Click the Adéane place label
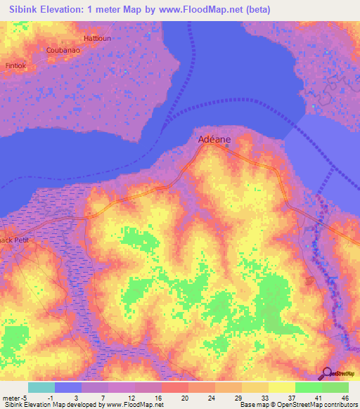213,139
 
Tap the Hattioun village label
97,38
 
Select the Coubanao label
62,51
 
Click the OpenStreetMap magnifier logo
327,373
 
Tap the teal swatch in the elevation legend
41,387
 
